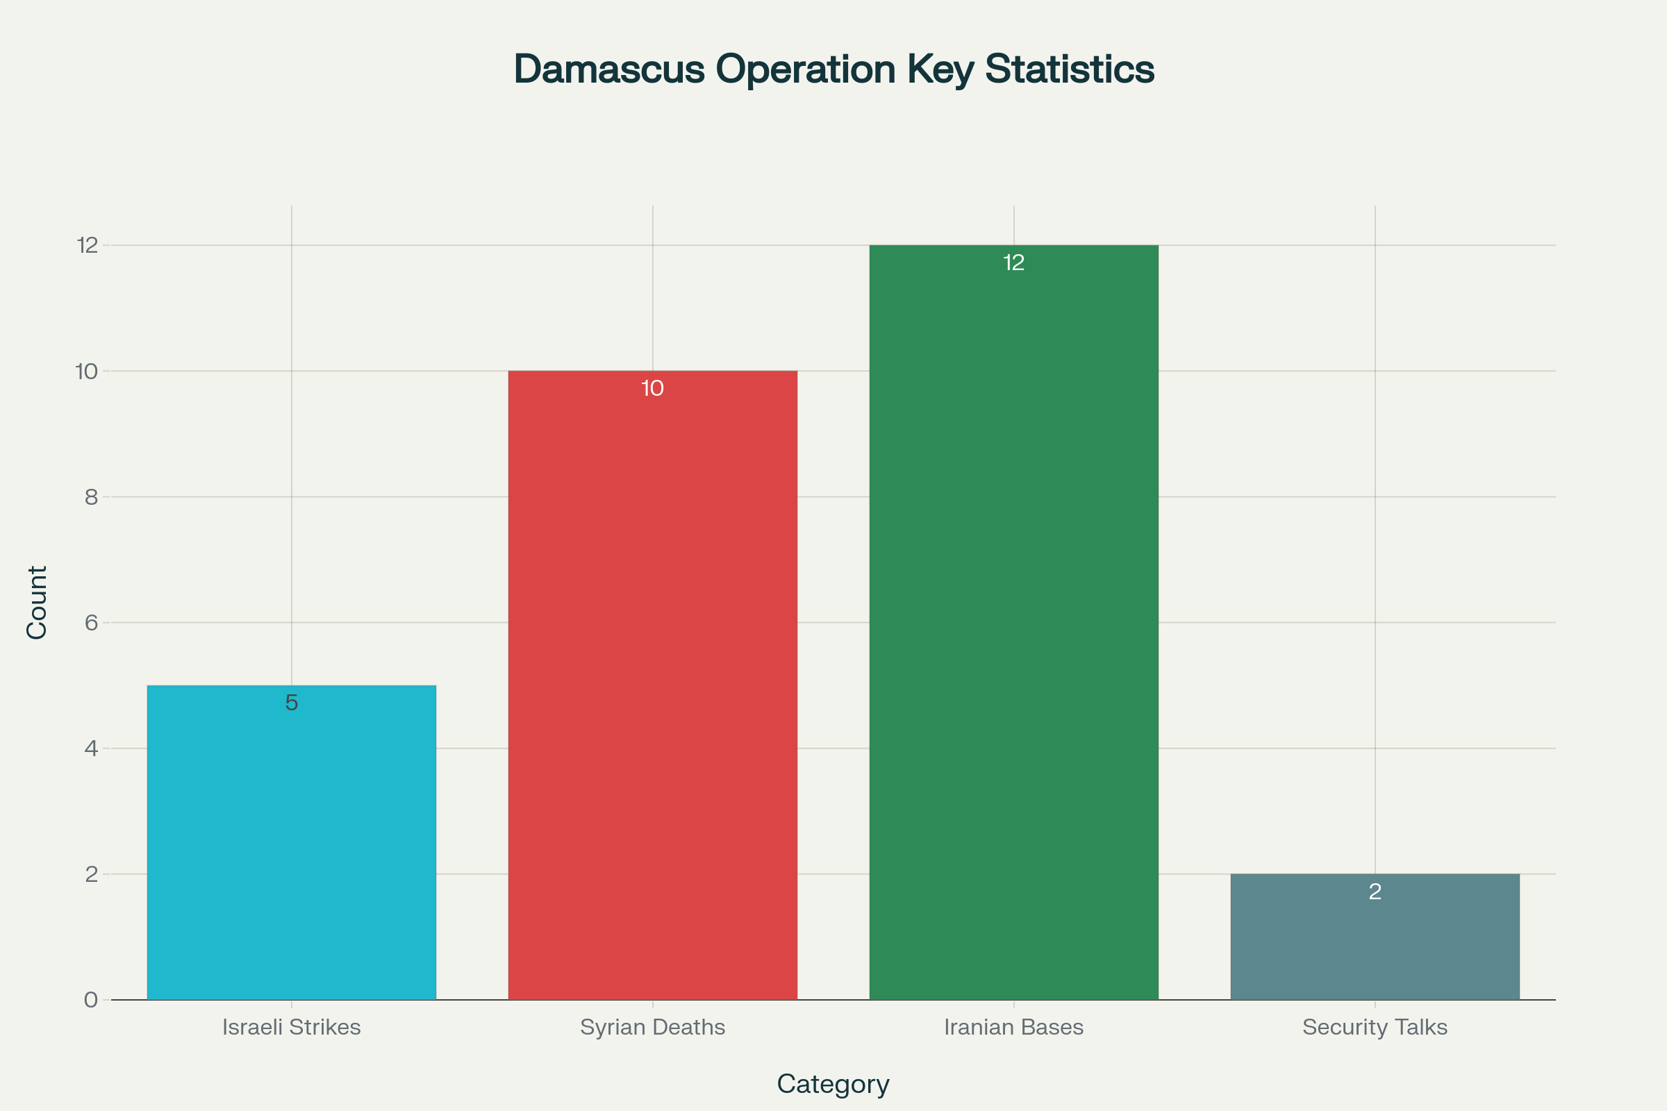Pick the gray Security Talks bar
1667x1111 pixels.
(1375, 942)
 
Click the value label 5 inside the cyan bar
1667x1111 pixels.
(291, 703)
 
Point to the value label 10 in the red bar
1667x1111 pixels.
(652, 388)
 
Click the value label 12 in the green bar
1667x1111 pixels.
(1013, 263)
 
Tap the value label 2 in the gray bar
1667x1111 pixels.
(1375, 892)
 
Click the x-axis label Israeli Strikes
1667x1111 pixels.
(291, 1027)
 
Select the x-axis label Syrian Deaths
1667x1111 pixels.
(652, 1027)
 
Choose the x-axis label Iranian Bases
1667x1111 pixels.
(1013, 1027)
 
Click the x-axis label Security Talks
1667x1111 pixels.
(1375, 1027)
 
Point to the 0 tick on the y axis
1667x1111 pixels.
(91, 1000)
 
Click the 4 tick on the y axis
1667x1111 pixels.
(91, 749)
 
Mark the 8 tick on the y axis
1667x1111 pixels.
(91, 496)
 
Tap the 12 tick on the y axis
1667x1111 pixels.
(88, 245)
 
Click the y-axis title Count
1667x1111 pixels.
(37, 602)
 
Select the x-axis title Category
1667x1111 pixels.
(833, 1084)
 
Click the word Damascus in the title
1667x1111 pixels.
(609, 69)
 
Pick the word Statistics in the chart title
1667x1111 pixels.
(1070, 69)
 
